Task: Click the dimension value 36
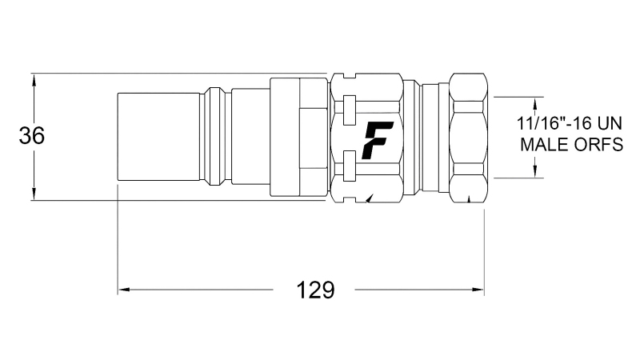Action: (32, 137)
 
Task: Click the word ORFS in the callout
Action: (594, 145)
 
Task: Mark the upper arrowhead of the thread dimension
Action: (535, 102)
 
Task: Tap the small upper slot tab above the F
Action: (348, 106)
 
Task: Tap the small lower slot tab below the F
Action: (348, 169)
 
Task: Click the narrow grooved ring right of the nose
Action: (214, 138)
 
